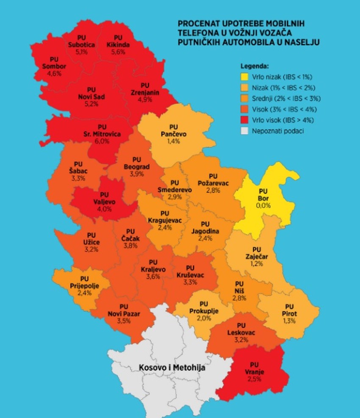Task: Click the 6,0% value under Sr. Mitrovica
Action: click(102, 141)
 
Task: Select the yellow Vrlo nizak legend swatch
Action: click(244, 77)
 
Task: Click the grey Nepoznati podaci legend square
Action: click(244, 131)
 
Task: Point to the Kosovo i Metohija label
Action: click(172, 368)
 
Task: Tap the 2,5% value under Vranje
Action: click(254, 379)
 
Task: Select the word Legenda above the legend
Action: click(255, 66)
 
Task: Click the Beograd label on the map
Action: click(136, 167)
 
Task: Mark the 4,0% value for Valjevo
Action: click(104, 209)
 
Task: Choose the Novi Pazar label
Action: click(124, 313)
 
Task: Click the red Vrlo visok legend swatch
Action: click(244, 120)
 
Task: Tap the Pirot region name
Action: click(289, 313)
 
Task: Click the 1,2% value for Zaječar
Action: click(256, 263)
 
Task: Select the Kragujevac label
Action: click(165, 220)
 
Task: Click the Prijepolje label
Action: click(84, 286)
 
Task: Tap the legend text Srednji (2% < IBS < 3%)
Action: click(287, 99)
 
